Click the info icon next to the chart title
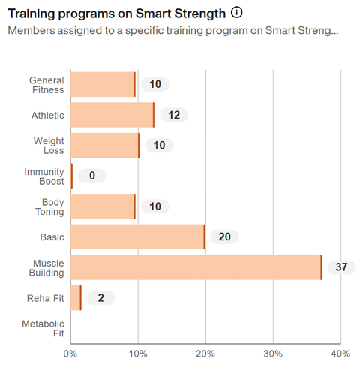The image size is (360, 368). point(237,13)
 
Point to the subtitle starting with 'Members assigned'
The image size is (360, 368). point(172,31)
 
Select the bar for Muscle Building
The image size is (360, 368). point(196,267)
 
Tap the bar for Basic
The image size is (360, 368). point(137,237)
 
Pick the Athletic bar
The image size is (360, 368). point(112,115)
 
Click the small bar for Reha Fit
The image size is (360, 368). point(76,298)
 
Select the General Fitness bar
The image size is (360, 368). point(103,84)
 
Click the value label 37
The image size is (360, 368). point(341,267)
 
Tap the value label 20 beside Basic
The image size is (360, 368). point(224,237)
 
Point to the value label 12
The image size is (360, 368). point(174,115)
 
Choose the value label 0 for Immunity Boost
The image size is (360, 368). point(92,176)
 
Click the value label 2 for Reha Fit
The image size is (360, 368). point(100,298)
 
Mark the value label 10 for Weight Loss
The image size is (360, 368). point(159,145)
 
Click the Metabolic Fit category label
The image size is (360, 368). point(43,329)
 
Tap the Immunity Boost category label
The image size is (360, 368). point(44,176)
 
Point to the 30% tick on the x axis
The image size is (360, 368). point(273,354)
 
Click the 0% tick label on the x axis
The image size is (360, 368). point(70,354)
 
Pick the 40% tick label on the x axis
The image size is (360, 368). point(340,354)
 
